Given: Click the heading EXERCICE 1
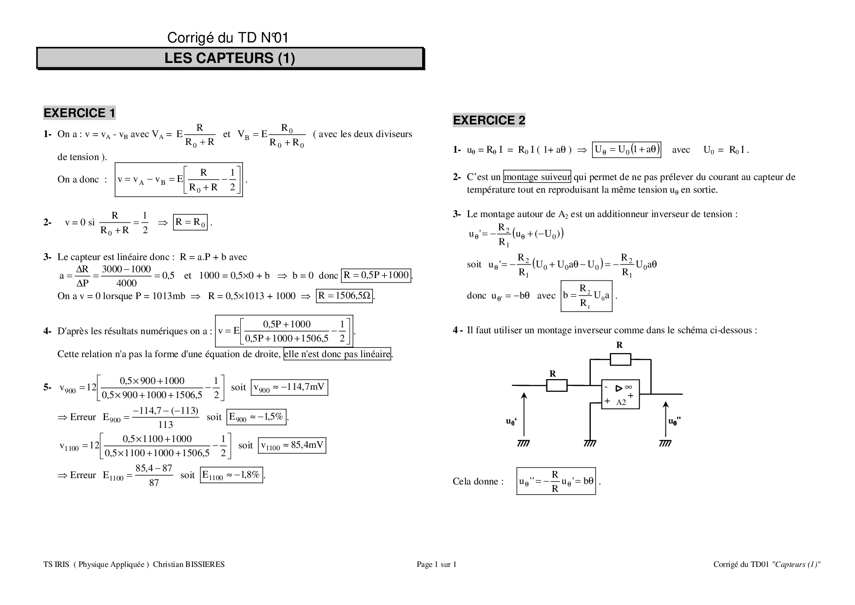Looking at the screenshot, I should coord(79,113).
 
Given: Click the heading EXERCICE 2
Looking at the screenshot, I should coord(489,120).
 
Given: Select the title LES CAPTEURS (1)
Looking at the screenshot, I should coord(230,58).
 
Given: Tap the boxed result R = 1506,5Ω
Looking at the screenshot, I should coord(345,296).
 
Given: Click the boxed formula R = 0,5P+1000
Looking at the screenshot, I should coord(376,275).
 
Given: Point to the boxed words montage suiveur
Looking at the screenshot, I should coord(537,177).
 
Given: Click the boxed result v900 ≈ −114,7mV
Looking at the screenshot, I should coord(289,387).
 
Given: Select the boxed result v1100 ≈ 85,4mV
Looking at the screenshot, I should coord(292,445).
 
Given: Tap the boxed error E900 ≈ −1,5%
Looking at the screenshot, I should coord(256,417).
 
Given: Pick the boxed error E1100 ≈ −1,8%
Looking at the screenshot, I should coord(232,475).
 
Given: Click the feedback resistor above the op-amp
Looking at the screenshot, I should coord(620,360).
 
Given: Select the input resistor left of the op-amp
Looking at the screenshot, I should coord(556,385).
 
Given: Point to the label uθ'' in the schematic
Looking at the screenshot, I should coord(675,422).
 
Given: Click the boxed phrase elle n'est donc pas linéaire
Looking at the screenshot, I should coord(337,354).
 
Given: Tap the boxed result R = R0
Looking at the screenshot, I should coord(191,222).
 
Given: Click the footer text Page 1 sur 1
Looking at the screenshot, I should coord(436,565).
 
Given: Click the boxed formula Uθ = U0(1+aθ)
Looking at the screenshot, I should coord(626,149).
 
